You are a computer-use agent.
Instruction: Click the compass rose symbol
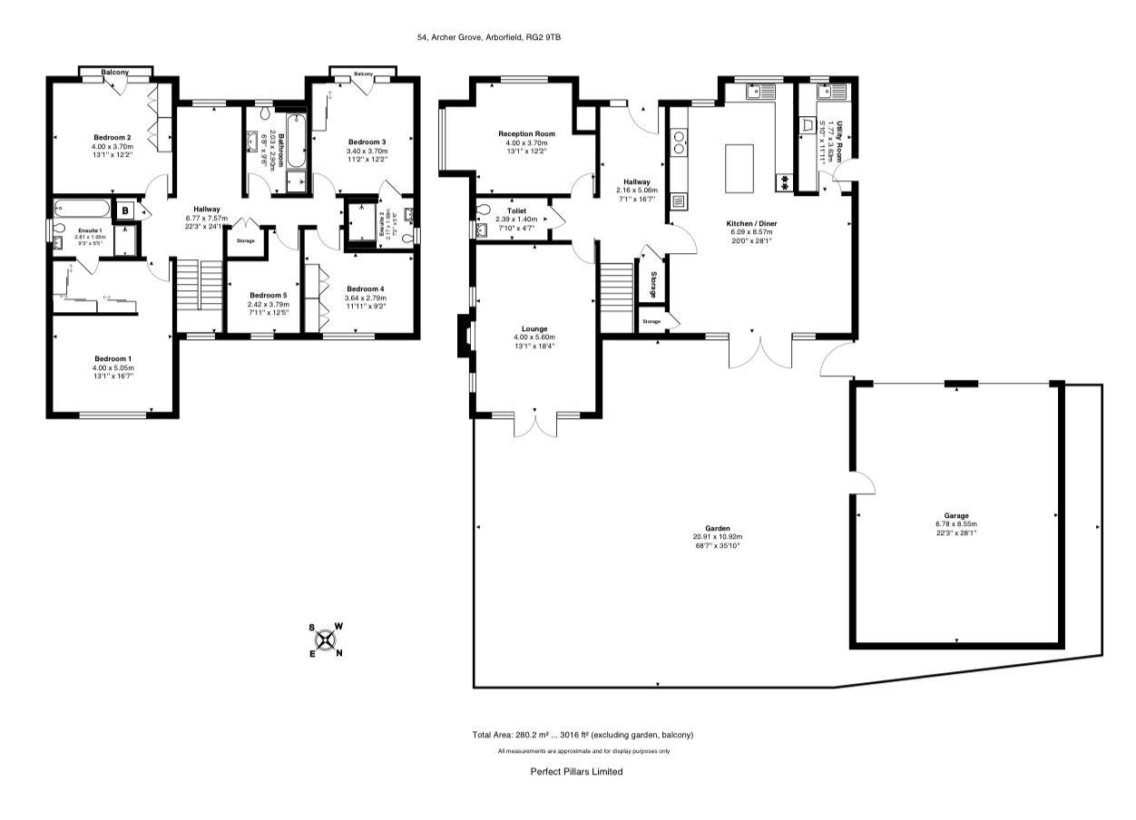tap(326, 639)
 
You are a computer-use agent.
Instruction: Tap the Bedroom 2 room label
tap(112, 138)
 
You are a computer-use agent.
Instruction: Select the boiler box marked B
tap(124, 210)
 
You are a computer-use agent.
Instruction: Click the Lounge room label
tap(534, 328)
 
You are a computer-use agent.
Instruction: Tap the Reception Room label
tap(526, 133)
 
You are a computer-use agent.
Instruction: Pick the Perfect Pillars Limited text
tap(576, 772)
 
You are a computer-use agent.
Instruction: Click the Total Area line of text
tap(583, 735)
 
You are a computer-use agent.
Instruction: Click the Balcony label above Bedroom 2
tap(114, 72)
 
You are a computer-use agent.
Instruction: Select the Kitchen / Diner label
tap(751, 222)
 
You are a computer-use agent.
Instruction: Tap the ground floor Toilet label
tap(517, 210)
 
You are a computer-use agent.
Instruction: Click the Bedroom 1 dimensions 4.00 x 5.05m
tap(112, 367)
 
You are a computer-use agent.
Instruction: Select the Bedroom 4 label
tap(365, 288)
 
